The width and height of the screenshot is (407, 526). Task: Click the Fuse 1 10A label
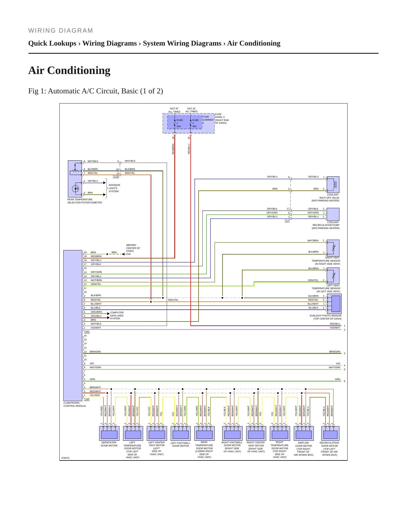[179, 123]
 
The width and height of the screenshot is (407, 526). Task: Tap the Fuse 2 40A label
[195, 123]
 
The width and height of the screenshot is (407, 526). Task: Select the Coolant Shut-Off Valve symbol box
[333, 185]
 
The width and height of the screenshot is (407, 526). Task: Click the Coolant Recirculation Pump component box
[333, 214]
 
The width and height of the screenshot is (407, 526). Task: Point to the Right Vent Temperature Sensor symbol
[333, 248]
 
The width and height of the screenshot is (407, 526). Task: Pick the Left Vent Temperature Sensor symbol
[333, 276]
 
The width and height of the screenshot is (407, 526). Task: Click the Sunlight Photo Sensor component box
[334, 304]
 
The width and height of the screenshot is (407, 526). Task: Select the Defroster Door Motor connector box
[109, 433]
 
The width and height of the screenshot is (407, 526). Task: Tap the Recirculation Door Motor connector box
[330, 433]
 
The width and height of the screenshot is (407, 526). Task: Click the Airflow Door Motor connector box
[304, 433]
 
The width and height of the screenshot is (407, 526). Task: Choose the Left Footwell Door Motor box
[181, 433]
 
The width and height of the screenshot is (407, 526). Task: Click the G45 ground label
[128, 254]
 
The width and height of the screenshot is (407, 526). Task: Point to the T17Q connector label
[116, 177]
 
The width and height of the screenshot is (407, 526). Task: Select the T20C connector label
[87, 332]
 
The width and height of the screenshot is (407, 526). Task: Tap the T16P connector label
[87, 399]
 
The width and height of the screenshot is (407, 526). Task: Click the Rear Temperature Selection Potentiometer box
[75, 179]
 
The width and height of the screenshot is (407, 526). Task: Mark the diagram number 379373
[65, 458]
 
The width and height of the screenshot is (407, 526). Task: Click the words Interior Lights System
[114, 188]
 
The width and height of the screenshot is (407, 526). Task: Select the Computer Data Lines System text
[117, 315]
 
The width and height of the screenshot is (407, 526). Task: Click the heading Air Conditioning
[69, 70]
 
